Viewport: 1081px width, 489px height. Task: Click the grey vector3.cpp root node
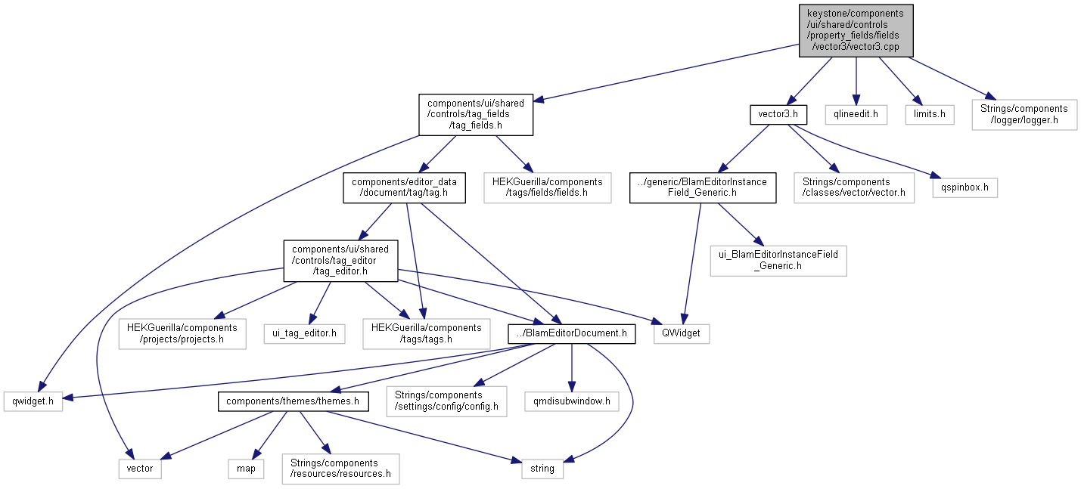click(x=856, y=29)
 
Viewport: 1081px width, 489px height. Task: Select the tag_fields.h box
click(x=476, y=114)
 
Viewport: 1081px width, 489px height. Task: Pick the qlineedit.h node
click(x=856, y=114)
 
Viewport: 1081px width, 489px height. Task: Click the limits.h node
click(x=929, y=114)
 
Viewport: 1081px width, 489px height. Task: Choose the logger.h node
click(x=1024, y=114)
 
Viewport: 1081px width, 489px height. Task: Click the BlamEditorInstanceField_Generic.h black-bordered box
click(x=703, y=187)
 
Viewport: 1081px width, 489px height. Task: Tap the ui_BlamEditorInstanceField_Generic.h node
click(x=778, y=260)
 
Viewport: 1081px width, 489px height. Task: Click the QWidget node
click(x=682, y=333)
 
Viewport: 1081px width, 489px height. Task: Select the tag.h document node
click(x=404, y=187)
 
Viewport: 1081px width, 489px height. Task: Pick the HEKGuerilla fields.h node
click(x=547, y=187)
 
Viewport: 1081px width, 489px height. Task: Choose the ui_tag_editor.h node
click(x=304, y=333)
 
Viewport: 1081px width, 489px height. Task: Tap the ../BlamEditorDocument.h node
click(x=572, y=333)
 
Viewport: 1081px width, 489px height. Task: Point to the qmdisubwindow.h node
click(x=572, y=401)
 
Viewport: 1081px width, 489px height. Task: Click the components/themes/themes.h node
click(x=293, y=401)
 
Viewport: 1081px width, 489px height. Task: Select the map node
click(x=246, y=468)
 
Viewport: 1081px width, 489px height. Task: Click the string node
click(x=542, y=468)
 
